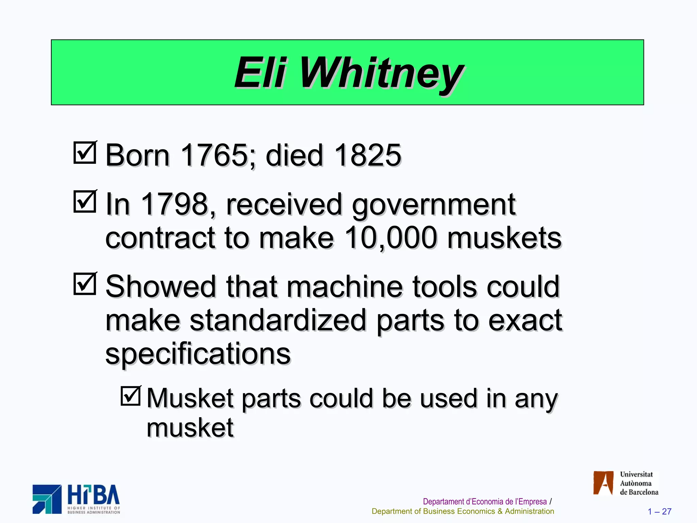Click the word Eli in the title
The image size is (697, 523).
[260, 73]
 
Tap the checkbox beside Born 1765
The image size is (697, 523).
[85, 153]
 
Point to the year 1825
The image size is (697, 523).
[368, 155]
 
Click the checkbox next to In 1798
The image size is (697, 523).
[85, 202]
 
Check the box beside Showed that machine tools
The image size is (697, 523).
[85, 284]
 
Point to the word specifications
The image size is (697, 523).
[198, 353]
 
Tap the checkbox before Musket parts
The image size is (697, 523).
[131, 396]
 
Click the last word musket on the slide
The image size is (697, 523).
[190, 428]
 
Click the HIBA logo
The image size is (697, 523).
[76, 499]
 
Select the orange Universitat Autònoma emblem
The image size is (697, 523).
[603, 483]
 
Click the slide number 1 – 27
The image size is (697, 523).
[659, 511]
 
